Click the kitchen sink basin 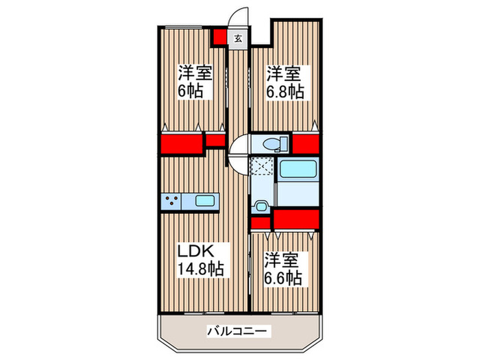tap(206, 201)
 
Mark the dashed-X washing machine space tap(261, 167)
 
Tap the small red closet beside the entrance tap(219, 37)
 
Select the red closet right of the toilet tap(306, 144)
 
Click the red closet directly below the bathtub tap(296, 219)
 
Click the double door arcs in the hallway tap(238, 154)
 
